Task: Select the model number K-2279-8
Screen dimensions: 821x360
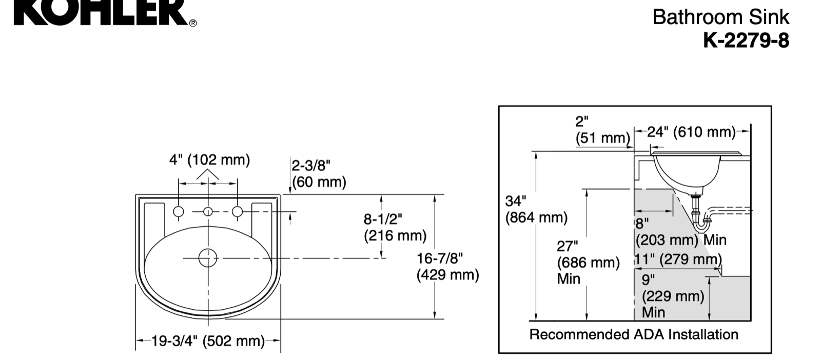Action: [746, 41]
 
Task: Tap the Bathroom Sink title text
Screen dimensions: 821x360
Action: [720, 17]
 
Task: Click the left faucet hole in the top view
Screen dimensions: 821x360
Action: [179, 211]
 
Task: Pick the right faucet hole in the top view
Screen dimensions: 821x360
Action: [237, 211]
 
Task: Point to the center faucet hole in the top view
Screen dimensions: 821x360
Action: [208, 211]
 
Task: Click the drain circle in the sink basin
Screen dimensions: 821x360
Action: [208, 258]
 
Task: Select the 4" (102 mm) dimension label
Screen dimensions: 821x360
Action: [210, 159]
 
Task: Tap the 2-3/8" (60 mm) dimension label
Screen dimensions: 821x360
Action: [319, 174]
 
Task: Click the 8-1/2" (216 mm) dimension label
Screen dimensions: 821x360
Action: [395, 227]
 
